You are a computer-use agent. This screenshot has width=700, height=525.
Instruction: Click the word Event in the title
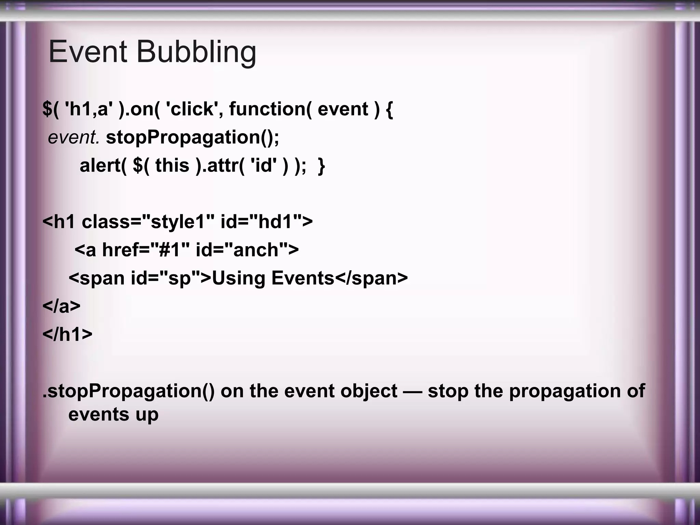[88, 52]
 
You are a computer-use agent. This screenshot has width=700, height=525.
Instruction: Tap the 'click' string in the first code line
[192, 109]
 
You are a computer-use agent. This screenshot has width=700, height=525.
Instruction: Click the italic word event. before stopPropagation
[74, 138]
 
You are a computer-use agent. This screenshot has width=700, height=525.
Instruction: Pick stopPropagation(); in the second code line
[192, 138]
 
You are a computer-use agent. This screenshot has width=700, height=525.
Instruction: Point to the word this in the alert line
[172, 166]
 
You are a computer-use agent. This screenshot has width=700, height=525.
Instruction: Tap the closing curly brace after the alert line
[321, 166]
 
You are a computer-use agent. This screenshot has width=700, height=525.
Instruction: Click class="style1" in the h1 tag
[148, 222]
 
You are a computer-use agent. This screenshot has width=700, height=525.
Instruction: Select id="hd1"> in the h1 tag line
[267, 222]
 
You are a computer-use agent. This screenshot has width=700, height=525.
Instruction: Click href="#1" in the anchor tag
[146, 250]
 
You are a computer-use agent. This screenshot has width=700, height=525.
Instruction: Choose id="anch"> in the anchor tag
[247, 250]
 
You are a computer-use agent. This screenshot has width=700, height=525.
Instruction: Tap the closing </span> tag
[371, 278]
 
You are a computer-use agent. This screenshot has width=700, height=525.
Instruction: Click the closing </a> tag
[62, 306]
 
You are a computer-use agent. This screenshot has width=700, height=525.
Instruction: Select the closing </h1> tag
[67, 334]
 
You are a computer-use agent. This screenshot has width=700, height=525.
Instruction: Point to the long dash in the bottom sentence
[413, 391]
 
